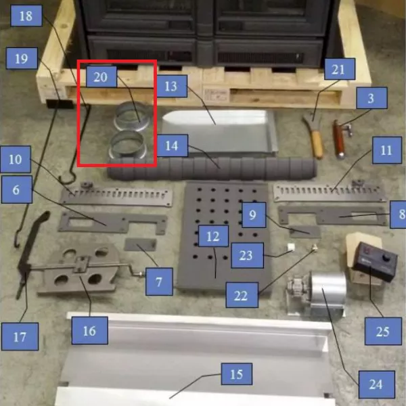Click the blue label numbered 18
point(26,16)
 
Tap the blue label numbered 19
point(22,58)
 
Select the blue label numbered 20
point(101,76)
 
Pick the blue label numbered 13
point(172,86)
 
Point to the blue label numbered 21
point(340,69)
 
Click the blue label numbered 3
point(371,98)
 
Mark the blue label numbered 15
point(237,374)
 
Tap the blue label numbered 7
point(159,281)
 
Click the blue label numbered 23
point(247,255)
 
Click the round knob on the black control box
point(387,258)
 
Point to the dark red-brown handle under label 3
point(339,139)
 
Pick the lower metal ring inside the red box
point(128,145)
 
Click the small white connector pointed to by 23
point(291,247)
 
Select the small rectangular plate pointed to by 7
point(140,245)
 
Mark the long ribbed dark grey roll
point(212,168)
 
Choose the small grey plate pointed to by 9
point(304,231)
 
